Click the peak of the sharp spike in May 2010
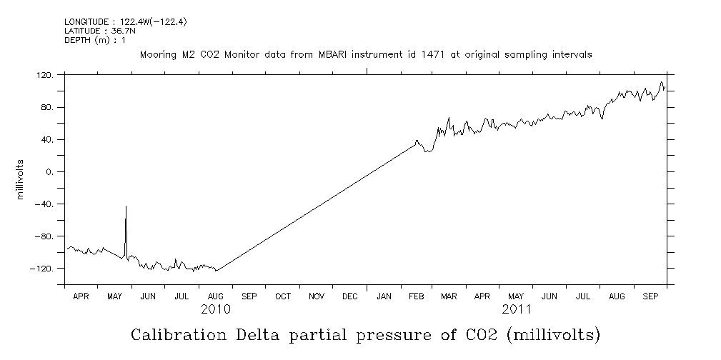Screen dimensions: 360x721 point(126,206)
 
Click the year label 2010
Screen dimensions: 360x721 point(215,309)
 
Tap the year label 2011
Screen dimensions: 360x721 point(517,309)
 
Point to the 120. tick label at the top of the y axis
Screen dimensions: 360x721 point(44,75)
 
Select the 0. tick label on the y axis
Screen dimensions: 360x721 point(49,172)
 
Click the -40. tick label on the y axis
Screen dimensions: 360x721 point(44,204)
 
